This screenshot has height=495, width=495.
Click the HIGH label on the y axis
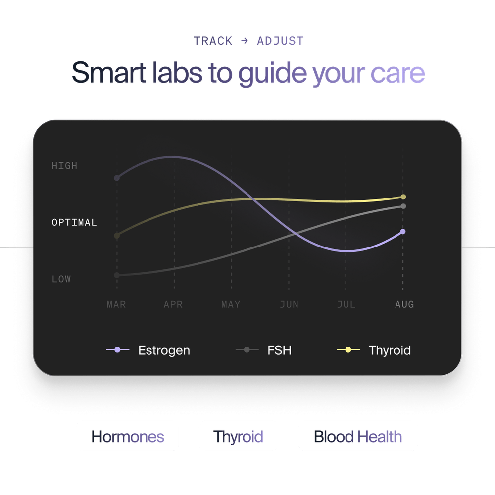[x=64, y=166]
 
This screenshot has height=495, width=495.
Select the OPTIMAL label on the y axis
[x=74, y=222]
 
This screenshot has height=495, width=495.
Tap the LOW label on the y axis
[x=61, y=279]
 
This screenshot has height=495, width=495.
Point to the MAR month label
[x=116, y=304]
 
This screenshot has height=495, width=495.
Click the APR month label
[x=173, y=304]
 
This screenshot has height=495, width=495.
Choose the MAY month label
[x=231, y=304]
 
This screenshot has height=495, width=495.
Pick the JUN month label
[x=289, y=304]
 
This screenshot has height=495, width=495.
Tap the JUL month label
[x=346, y=304]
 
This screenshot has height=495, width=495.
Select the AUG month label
[x=404, y=304]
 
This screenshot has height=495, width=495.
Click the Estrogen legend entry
[x=148, y=350]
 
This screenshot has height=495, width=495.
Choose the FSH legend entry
[x=263, y=350]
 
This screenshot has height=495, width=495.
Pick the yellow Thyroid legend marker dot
[x=348, y=350]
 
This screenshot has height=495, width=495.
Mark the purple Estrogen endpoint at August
[x=403, y=231]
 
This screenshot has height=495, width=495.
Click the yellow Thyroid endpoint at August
[x=403, y=197]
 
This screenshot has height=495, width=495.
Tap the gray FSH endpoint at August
[x=403, y=206]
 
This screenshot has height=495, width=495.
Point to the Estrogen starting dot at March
[x=117, y=178]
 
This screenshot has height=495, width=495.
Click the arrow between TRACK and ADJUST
[x=245, y=41]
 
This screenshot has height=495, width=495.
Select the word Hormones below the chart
[x=128, y=437]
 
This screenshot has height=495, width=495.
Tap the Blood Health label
[x=358, y=437]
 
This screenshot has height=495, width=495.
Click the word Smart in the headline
[x=108, y=73]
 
